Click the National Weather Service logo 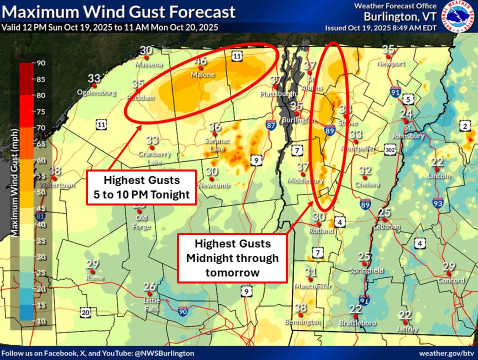tap(457, 17)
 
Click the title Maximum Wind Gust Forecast tap(118, 12)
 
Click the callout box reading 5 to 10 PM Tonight tap(140, 187)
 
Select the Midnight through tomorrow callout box tap(232, 258)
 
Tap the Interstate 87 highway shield tap(271, 125)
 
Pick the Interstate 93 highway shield tap(437, 202)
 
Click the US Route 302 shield tap(391, 149)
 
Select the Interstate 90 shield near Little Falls tap(183, 311)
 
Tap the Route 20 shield tap(85, 312)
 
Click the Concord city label tap(449, 280)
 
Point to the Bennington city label tap(302, 322)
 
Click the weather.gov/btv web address tap(444, 353)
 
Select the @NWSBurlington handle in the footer tap(164, 353)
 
